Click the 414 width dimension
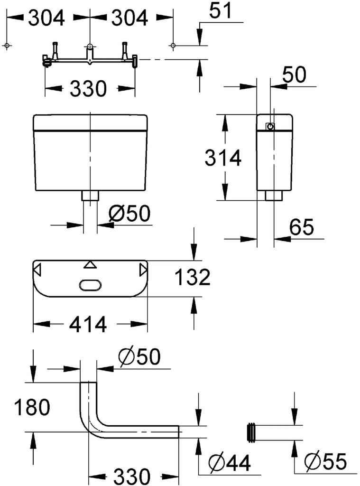pos(88,324)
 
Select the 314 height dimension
pos(223,158)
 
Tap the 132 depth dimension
pos(193,277)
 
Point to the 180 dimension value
pos(32,407)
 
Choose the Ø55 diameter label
pos(325,461)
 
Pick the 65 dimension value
pos(302,227)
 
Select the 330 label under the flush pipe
pos(132,477)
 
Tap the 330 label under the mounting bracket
pos(88,88)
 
